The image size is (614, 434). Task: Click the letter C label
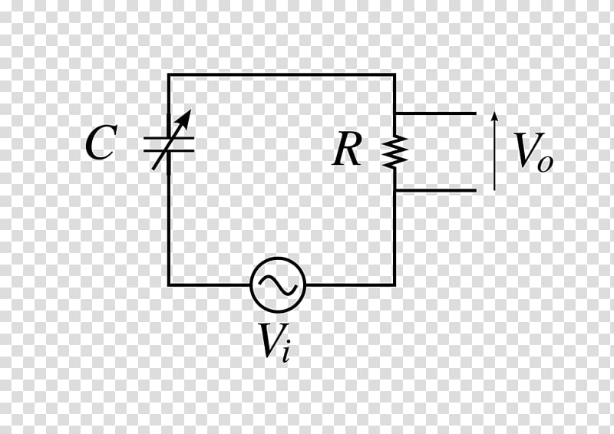click(x=101, y=143)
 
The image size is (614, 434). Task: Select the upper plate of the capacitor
click(x=169, y=138)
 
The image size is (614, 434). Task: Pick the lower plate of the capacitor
click(x=169, y=150)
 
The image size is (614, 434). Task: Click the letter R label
click(x=347, y=149)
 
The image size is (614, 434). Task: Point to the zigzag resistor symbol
click(x=394, y=152)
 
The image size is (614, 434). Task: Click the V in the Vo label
click(x=525, y=150)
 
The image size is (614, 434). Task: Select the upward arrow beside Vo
click(x=494, y=150)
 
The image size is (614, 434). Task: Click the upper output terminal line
click(x=436, y=113)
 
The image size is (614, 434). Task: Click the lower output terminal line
click(x=436, y=191)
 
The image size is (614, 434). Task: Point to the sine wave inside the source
click(x=278, y=284)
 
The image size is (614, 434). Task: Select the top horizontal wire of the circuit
click(x=282, y=74)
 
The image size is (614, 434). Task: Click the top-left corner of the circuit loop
click(x=169, y=74)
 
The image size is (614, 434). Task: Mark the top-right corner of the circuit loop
click(x=394, y=74)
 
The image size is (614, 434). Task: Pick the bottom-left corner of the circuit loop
click(x=169, y=284)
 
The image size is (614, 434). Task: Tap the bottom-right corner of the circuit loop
click(x=394, y=284)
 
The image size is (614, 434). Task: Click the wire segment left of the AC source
click(x=210, y=284)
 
